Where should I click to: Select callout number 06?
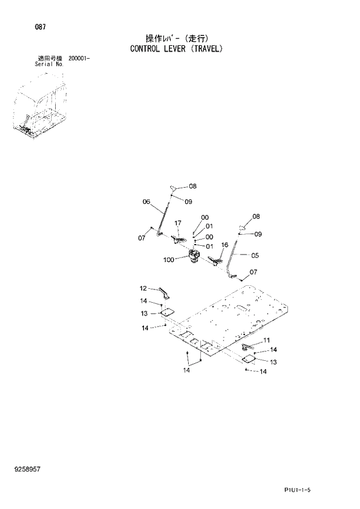click(x=146, y=202)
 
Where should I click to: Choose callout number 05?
click(x=255, y=254)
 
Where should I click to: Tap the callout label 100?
click(x=169, y=260)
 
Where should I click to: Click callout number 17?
click(x=178, y=223)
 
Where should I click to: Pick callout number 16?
click(x=225, y=245)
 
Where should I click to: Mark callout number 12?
click(x=143, y=288)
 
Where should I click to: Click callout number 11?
click(x=267, y=340)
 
